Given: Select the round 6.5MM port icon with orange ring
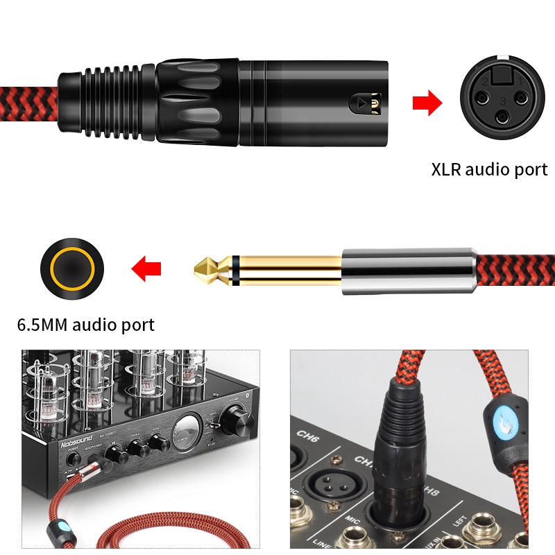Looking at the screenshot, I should [72, 268].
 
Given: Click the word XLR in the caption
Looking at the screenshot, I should [447, 170].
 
